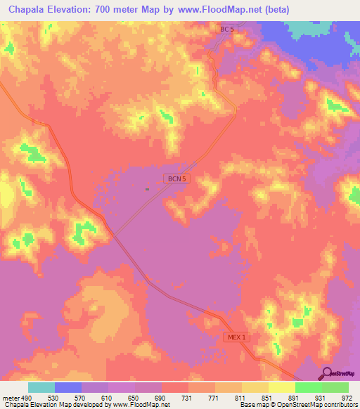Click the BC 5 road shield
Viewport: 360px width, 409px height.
pos(226,29)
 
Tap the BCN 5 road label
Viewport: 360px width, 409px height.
pos(176,179)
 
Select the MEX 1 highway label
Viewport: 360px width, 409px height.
pos(238,337)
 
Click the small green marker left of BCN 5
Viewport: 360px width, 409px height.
pos(147,189)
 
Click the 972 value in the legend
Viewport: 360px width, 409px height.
pos(347,398)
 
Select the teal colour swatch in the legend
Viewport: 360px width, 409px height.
pos(41,387)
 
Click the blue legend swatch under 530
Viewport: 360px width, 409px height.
pos(68,387)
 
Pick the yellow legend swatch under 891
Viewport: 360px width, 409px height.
pos(281,387)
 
